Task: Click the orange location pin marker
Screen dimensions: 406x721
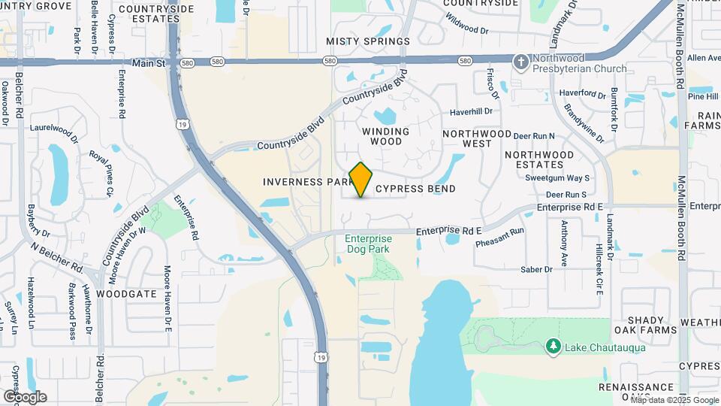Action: coord(361,180)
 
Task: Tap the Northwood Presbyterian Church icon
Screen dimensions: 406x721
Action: coord(520,60)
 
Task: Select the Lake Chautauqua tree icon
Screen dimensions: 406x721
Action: coord(554,345)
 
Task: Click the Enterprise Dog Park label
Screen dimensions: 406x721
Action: coord(368,244)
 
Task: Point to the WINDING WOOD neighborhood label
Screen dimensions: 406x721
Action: coord(386,136)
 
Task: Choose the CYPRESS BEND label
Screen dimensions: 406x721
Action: coord(415,189)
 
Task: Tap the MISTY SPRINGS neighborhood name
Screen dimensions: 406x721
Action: coord(368,41)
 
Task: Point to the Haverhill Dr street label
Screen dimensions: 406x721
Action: coord(471,111)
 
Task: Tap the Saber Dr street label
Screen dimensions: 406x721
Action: coord(536,269)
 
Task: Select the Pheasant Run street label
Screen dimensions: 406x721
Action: coord(500,238)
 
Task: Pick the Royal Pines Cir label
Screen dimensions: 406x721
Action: coord(101,174)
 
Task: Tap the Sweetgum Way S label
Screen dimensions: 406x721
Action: coord(557,178)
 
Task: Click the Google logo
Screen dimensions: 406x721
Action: coord(24,397)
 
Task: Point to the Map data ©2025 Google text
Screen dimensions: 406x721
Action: coord(674,400)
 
